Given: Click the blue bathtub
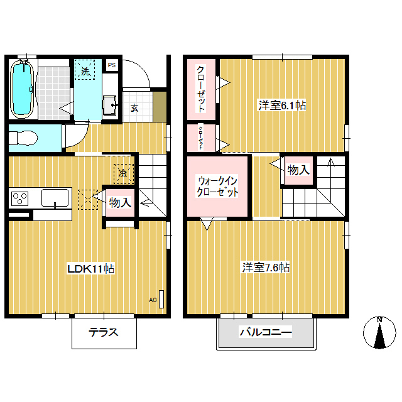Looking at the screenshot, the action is click(22, 89).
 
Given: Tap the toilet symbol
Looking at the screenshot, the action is click(23, 138).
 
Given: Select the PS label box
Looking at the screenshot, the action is click(112, 65).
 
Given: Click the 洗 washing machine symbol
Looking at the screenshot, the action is click(85, 70).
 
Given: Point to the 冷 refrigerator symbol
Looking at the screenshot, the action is click(124, 173).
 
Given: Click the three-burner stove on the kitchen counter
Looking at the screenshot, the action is click(19, 198).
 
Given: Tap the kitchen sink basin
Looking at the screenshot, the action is click(55, 198).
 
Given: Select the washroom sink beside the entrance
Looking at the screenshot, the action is click(110, 106).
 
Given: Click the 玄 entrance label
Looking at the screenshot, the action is click(134, 108).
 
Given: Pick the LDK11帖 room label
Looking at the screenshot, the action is click(90, 268).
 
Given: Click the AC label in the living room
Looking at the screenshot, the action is click(153, 300).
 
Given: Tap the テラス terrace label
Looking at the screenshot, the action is click(103, 332).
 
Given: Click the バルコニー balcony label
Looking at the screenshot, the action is click(266, 332).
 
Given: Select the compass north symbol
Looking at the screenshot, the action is click(379, 332).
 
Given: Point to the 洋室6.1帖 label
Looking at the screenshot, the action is click(282, 106).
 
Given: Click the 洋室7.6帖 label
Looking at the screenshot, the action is click(266, 268).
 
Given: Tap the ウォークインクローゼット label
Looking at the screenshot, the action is click(217, 187).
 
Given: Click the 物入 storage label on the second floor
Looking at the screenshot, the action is click(298, 170).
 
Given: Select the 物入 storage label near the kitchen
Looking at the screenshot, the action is click(120, 202).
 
